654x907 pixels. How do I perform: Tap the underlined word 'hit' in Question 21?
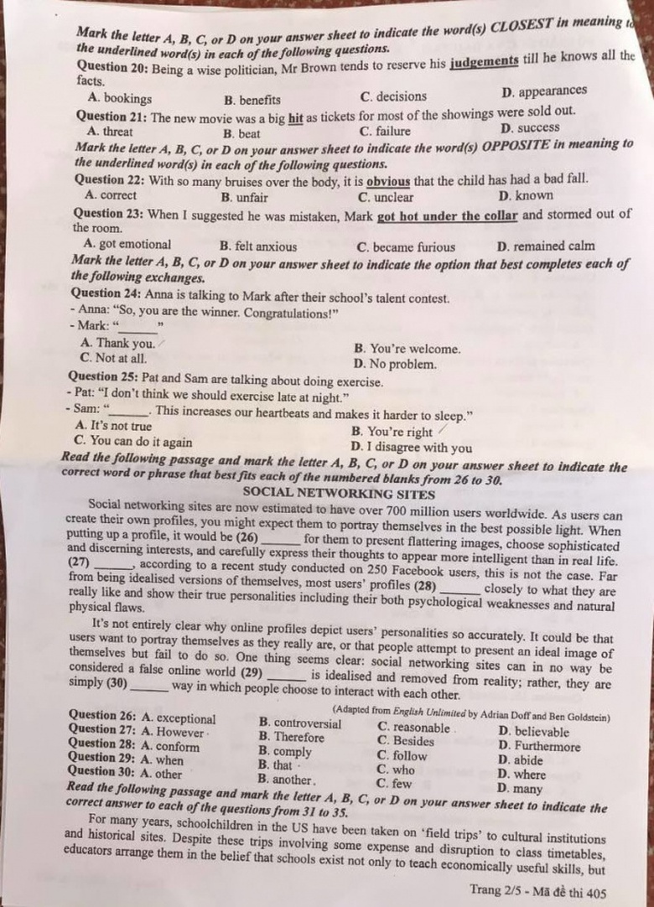click(295, 115)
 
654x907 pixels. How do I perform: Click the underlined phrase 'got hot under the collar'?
click(447, 215)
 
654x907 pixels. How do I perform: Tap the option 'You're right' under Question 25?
click(392, 433)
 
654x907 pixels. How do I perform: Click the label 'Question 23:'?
click(108, 215)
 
